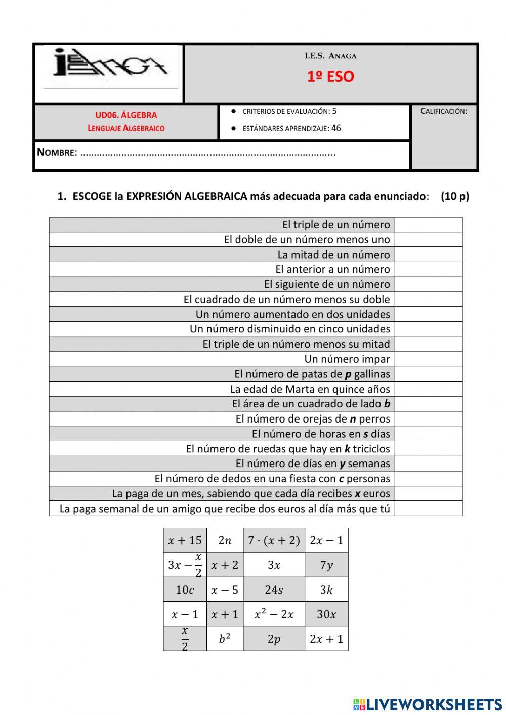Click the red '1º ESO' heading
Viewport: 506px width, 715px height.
point(330,77)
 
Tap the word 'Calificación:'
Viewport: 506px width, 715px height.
point(444,111)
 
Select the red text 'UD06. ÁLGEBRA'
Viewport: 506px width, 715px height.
point(126,115)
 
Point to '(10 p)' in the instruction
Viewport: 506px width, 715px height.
point(455,196)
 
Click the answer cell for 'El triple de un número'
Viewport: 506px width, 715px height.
point(428,225)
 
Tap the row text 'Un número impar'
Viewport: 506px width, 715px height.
point(347,359)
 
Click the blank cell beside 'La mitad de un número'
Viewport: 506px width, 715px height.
point(428,255)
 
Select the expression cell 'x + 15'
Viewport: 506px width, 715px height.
point(185,540)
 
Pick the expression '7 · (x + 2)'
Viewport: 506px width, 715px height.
point(274,540)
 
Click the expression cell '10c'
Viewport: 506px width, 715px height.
point(185,590)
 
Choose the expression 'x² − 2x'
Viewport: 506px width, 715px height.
point(274,614)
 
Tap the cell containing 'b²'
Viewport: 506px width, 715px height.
point(225,639)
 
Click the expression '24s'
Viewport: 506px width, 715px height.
point(274,590)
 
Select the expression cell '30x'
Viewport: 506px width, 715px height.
point(326,614)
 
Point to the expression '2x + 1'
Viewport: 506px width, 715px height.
point(326,639)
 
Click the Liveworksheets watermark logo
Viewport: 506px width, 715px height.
point(428,704)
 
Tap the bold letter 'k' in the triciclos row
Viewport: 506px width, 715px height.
point(347,449)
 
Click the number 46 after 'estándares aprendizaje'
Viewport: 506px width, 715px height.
point(336,128)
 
